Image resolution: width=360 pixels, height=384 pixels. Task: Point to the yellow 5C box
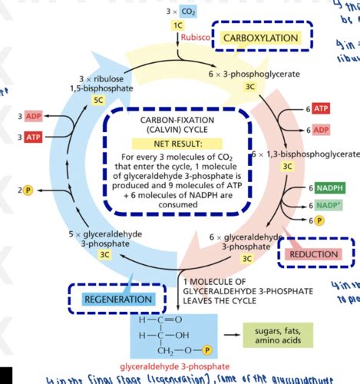[x=98, y=101]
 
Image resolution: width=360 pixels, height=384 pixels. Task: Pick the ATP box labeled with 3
[x=31, y=137]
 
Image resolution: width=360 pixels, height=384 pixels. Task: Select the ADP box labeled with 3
[x=31, y=116]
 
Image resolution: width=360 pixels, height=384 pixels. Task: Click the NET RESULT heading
[x=180, y=144]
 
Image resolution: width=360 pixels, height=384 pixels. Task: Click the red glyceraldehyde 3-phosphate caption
[x=178, y=366]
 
